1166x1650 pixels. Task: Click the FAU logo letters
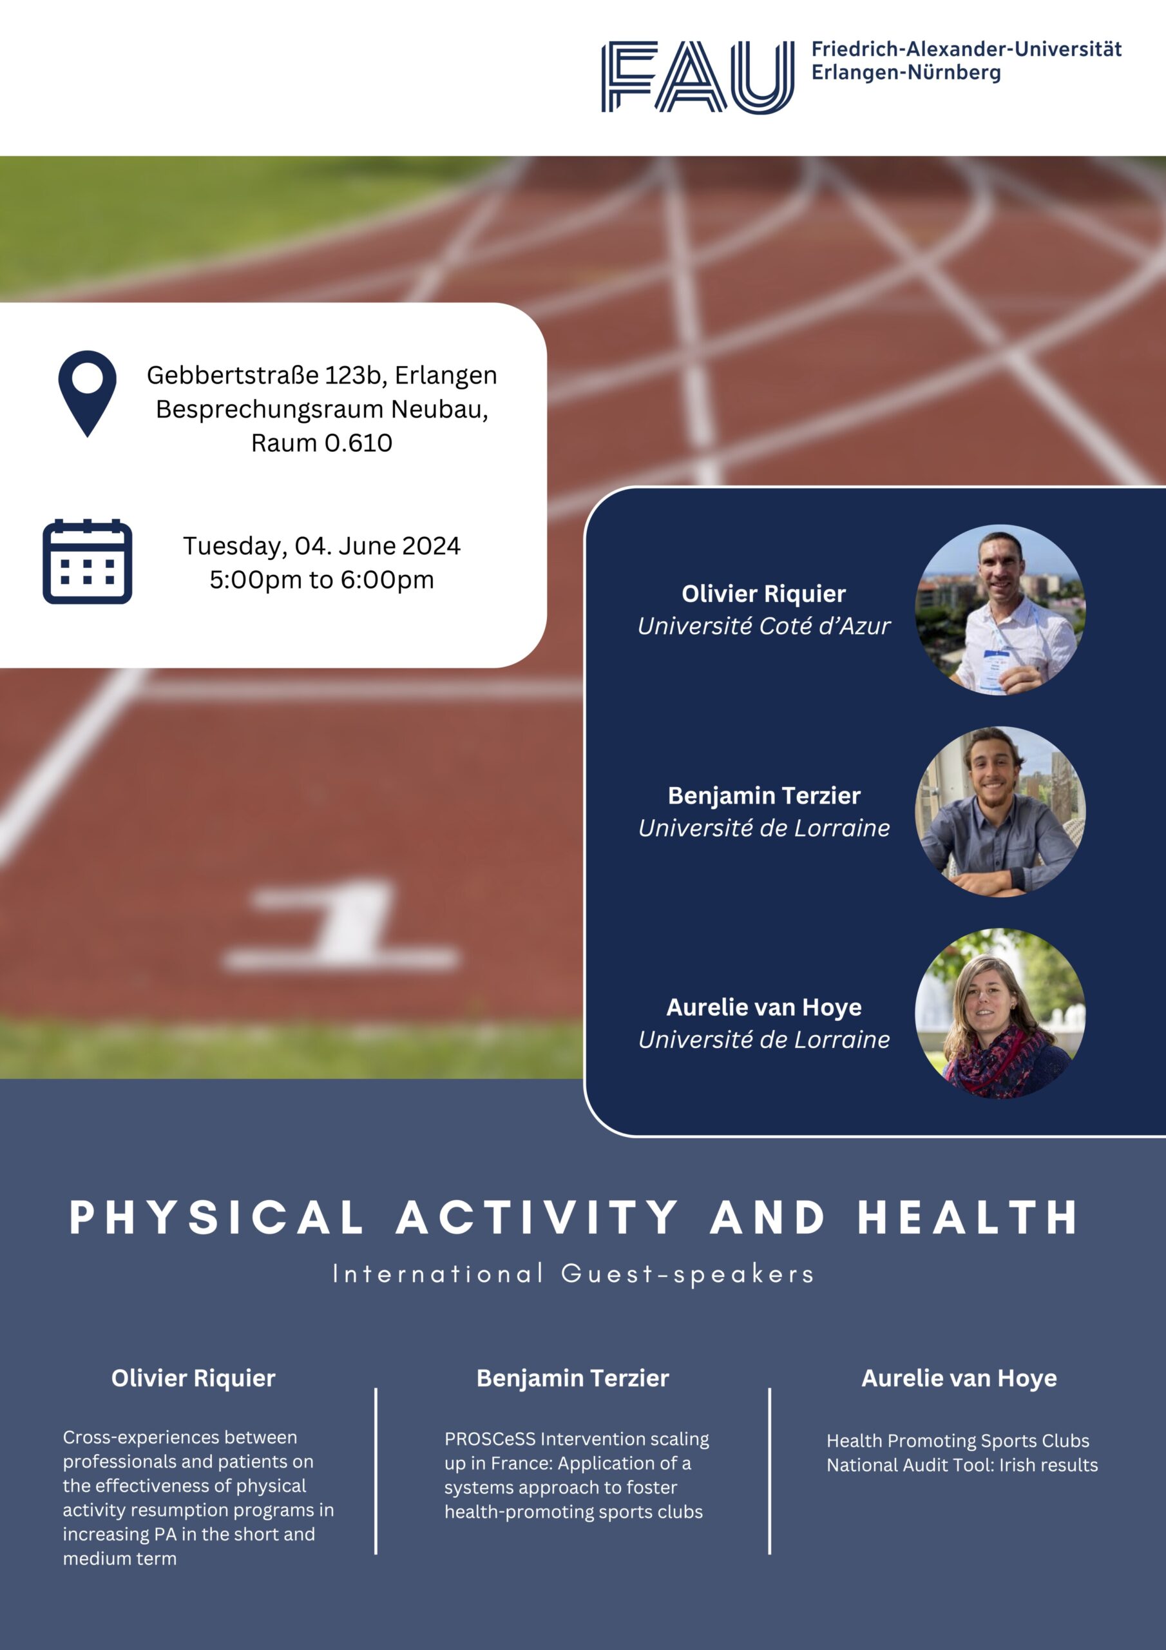pos(698,77)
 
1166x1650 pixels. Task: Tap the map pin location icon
pos(88,393)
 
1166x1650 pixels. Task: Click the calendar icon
pos(88,561)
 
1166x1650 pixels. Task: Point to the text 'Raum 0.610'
pos(322,443)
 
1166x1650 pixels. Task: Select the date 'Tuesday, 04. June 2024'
pos(322,546)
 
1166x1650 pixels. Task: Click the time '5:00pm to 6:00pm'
pos(322,580)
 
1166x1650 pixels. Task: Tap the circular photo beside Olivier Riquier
pos(1000,610)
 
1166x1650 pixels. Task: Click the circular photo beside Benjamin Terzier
pos(1000,811)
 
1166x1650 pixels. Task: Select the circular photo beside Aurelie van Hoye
pos(1000,1013)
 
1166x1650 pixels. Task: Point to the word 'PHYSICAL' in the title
pos(217,1218)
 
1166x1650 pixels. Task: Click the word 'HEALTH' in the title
pos(968,1218)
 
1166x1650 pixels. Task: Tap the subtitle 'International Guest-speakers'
pos(573,1274)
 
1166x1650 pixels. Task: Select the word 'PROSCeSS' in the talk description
pos(490,1439)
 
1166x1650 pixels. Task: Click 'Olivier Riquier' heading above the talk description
pos(193,1379)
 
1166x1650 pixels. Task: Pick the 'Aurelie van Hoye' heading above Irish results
pos(959,1379)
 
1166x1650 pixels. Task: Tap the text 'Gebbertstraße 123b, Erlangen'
pos(322,375)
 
